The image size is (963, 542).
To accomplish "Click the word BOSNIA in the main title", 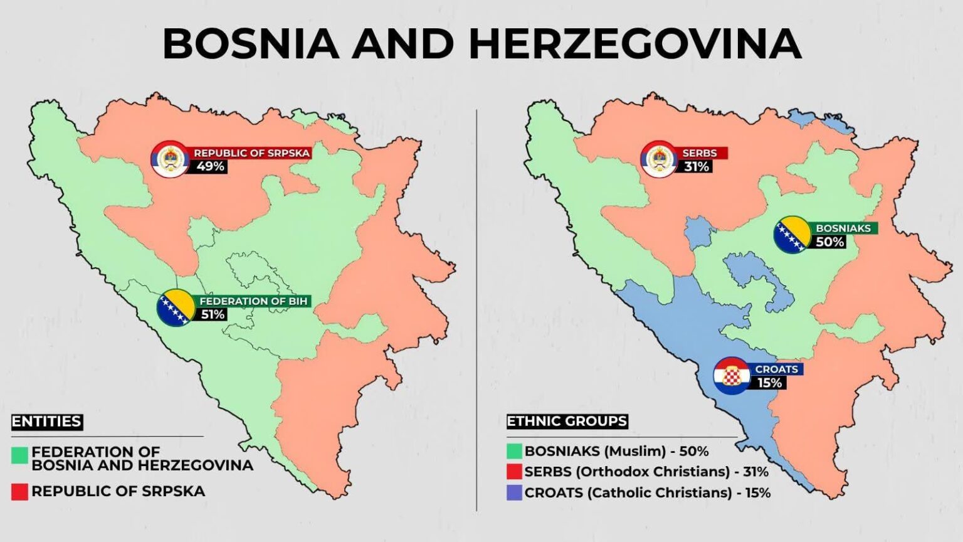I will point(251,44).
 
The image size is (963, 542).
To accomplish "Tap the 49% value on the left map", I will point(210,167).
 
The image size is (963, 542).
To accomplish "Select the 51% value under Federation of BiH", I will point(213,314).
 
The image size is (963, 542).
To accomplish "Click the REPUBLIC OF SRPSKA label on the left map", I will point(252,153).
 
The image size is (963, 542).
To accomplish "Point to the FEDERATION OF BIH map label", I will point(253,301).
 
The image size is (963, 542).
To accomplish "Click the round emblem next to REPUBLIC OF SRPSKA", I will point(170,159).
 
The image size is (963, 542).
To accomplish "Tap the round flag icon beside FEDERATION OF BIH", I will point(175,307).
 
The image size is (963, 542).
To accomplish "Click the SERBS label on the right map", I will point(699,153).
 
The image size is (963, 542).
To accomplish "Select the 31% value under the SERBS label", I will point(697,167).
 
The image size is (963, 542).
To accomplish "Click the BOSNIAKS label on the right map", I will point(843,228).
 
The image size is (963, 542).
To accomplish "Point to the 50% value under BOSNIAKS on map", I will point(829,242).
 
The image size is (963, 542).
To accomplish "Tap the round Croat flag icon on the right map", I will point(732,376).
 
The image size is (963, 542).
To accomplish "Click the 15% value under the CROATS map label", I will point(769,383).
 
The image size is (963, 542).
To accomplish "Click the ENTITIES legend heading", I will point(46,422).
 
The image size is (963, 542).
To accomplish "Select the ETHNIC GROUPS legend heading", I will point(567,422).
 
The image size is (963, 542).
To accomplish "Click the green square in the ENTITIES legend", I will point(19,455).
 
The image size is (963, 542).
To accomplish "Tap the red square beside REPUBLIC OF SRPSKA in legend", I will point(19,492).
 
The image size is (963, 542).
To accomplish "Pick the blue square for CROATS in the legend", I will point(514,493).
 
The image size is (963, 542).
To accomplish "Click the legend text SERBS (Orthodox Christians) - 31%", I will point(646,472).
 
